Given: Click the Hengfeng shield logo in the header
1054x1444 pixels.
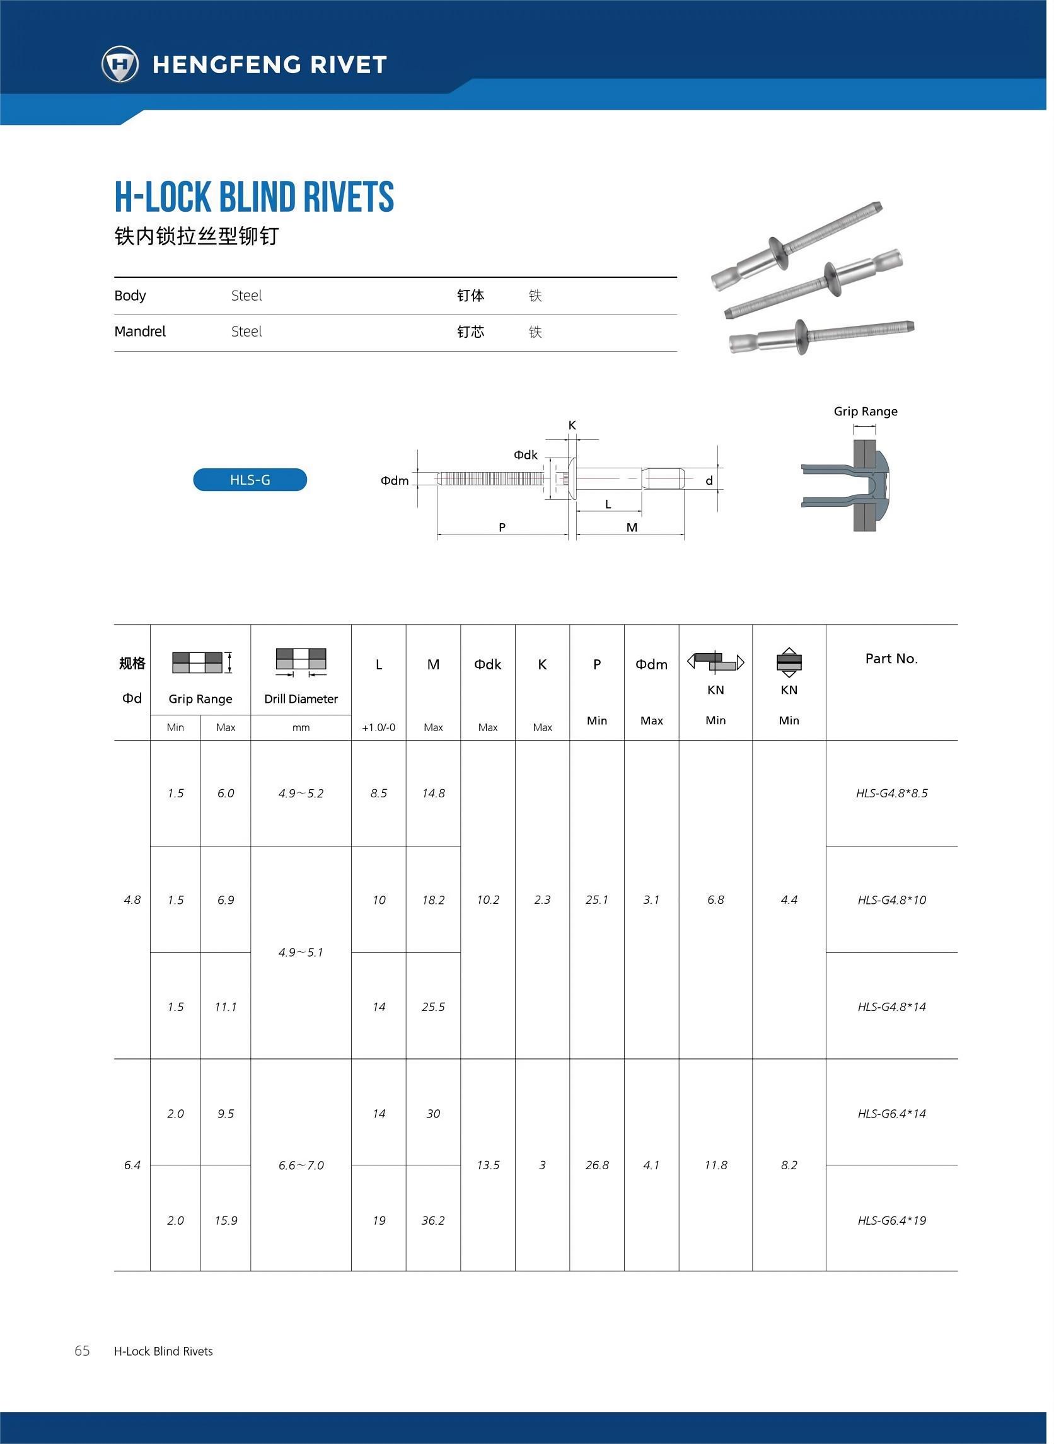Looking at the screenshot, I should [x=120, y=64].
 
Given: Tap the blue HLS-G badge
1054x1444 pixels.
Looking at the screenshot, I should [x=250, y=480].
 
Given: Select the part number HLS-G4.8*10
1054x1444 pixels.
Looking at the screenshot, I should [x=891, y=900].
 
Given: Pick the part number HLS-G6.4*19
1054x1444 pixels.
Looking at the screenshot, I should [x=891, y=1220].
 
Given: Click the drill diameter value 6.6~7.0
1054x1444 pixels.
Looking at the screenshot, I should [x=301, y=1165].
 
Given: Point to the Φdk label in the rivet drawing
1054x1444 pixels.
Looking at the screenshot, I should [x=525, y=455].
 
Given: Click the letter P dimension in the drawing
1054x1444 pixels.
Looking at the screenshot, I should [x=502, y=527].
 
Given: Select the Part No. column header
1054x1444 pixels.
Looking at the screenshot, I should [x=891, y=658].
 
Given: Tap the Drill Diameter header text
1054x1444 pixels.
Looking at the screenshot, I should [x=301, y=698].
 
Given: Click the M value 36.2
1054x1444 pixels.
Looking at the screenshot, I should [x=433, y=1220].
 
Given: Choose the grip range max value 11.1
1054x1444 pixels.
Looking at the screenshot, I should [x=225, y=1007].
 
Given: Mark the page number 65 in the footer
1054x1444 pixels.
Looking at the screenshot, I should [x=83, y=1350].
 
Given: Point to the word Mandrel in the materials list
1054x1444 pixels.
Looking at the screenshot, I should [x=140, y=332].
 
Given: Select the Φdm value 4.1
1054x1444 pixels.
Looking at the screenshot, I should [x=651, y=1165].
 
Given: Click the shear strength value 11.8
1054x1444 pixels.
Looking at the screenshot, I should [x=715, y=1165].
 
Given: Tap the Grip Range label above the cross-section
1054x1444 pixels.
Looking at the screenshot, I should [x=865, y=412].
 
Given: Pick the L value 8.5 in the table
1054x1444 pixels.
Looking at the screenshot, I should [x=378, y=793].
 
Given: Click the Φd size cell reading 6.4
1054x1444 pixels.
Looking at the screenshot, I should [x=132, y=1165].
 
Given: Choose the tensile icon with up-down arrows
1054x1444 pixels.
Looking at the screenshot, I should [x=789, y=662].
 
